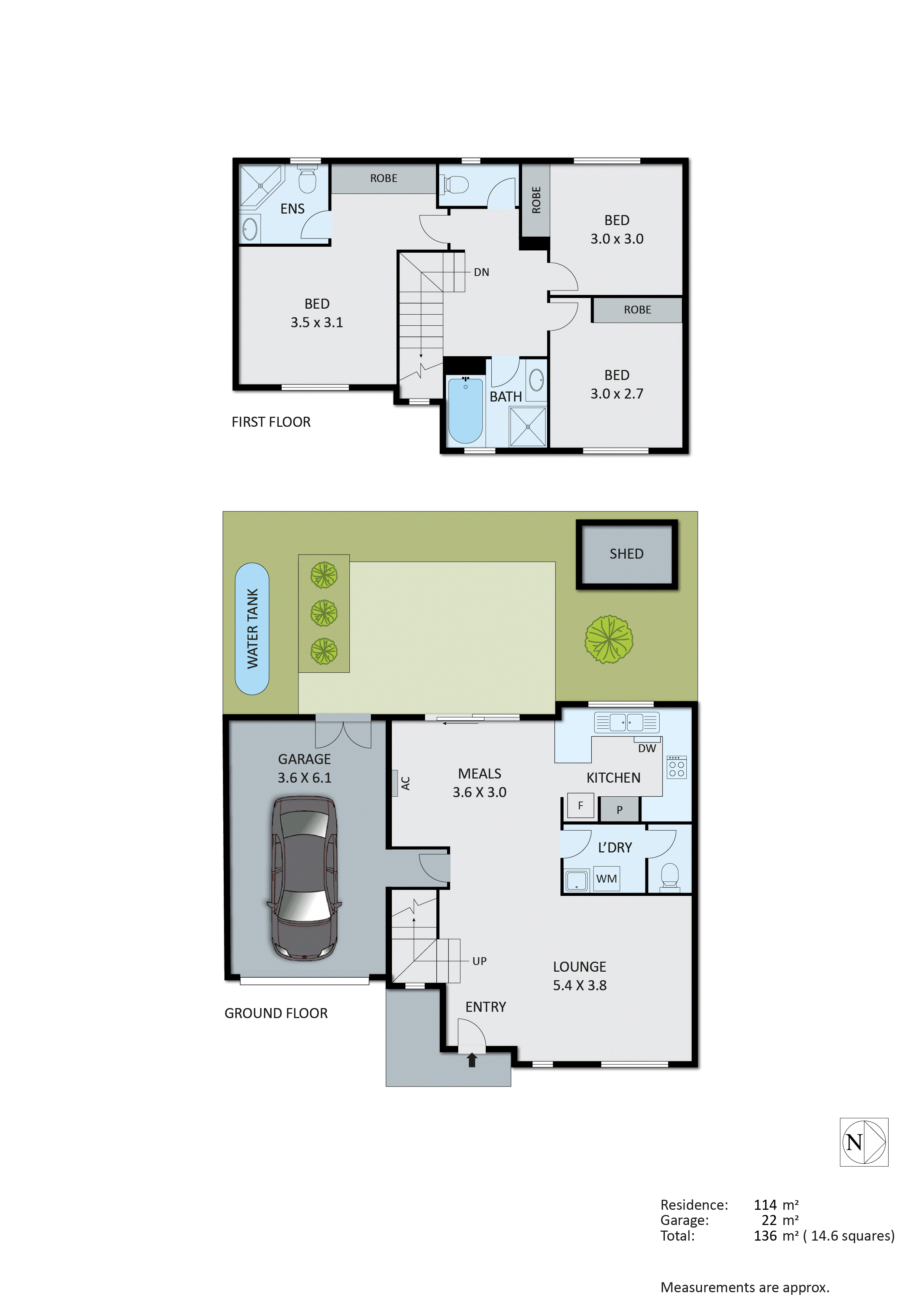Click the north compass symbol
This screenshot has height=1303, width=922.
tap(864, 1142)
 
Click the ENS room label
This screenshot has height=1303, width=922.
tap(292, 209)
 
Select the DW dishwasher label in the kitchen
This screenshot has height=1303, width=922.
tap(647, 748)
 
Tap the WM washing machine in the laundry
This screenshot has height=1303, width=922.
tap(606, 878)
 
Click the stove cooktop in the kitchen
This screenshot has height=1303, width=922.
tap(676, 767)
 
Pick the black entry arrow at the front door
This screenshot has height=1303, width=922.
tap(472, 1060)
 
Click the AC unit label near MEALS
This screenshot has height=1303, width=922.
tap(405, 783)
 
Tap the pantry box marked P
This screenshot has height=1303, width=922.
tap(619, 810)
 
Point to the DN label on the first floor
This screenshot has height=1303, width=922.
tap(481, 272)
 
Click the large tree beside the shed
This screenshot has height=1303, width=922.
tap(609, 640)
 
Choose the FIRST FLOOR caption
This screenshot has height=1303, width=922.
tap(271, 422)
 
